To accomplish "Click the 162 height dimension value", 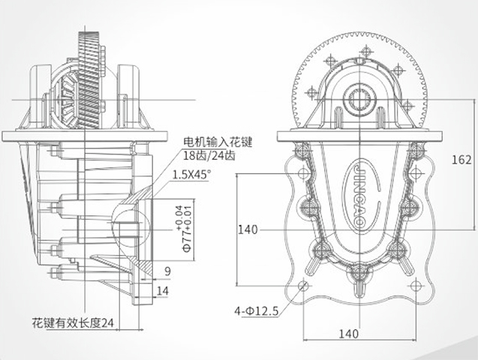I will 462,160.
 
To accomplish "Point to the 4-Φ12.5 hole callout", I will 257,308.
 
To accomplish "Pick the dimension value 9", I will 167,271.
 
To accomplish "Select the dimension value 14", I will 164,290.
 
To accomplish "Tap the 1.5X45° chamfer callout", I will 191,174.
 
